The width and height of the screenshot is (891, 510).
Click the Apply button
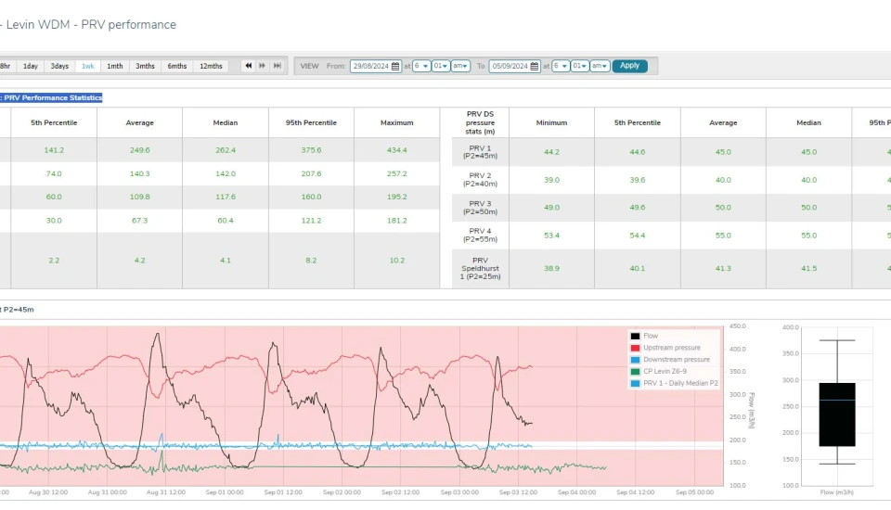(629, 66)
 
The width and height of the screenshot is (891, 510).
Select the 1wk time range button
(87, 66)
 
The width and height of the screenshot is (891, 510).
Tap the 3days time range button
(59, 66)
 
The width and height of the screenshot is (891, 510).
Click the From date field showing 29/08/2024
(375, 66)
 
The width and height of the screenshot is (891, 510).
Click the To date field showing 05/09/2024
(514, 66)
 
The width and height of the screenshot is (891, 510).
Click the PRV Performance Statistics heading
(52, 97)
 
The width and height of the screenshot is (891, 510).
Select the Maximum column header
(396, 122)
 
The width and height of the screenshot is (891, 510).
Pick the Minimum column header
(551, 122)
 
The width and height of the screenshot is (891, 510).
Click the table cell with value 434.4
(396, 150)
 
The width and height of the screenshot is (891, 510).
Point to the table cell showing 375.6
(311, 150)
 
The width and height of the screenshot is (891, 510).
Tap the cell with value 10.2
(396, 261)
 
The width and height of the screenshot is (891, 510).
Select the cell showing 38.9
(551, 268)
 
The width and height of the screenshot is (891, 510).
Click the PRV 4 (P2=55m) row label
(480, 236)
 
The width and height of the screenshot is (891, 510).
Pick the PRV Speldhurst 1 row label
(480, 268)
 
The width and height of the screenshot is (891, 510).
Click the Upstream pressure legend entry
(671, 348)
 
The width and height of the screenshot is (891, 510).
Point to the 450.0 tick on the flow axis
(738, 326)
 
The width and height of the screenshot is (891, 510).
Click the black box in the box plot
(837, 414)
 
